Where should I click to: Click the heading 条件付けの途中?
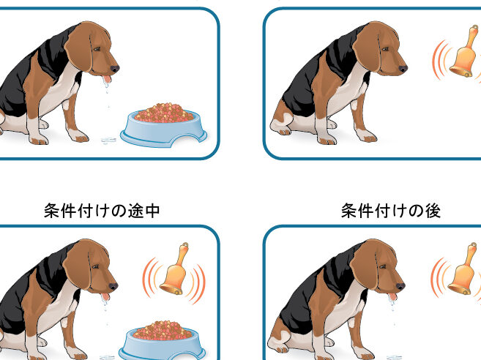(102, 211)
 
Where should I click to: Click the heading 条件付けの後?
(391, 211)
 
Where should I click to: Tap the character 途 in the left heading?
(135, 211)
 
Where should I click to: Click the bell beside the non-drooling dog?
(465, 51)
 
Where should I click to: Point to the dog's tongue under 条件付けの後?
(392, 296)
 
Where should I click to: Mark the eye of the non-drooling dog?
(384, 49)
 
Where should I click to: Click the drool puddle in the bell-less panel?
(108, 140)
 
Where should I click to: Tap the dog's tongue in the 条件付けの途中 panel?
(105, 296)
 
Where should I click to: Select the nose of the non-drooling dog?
(403, 69)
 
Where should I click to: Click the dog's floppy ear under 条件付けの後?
(365, 266)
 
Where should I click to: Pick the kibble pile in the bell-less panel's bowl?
(164, 113)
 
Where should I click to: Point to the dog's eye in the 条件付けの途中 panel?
(94, 266)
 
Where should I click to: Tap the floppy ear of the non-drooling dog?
(368, 48)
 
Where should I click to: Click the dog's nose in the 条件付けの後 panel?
(400, 286)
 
